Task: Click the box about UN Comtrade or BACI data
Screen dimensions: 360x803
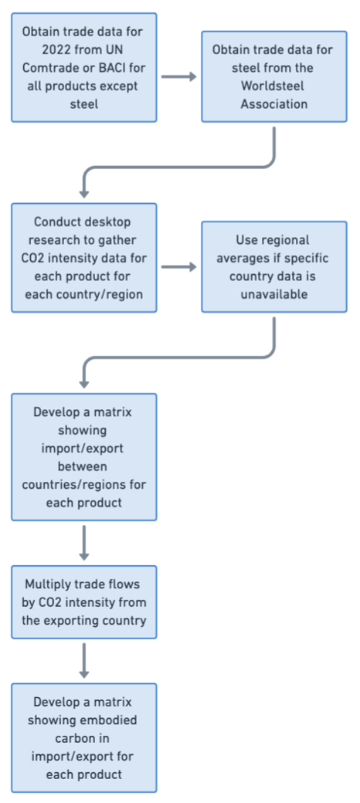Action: pyautogui.click(x=84, y=68)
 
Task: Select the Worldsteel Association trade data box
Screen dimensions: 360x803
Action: pyautogui.click(x=274, y=76)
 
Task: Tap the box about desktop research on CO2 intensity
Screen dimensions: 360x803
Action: pyautogui.click(x=84, y=258)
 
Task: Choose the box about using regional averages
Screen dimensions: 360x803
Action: pyautogui.click(x=274, y=267)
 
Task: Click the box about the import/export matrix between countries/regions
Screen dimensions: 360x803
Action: pyautogui.click(x=84, y=457)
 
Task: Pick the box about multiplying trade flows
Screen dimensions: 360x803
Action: pyautogui.click(x=84, y=602)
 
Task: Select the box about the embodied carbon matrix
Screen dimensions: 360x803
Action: pyautogui.click(x=84, y=738)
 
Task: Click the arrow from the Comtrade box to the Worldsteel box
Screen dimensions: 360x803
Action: pyautogui.click(x=179, y=76)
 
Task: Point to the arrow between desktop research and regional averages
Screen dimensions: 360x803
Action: pyautogui.click(x=179, y=267)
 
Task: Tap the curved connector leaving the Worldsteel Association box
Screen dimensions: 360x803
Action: pyautogui.click(x=179, y=167)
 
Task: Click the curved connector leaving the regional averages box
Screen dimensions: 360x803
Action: pyautogui.click(x=179, y=357)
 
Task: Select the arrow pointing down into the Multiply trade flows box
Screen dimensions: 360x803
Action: pyautogui.click(x=84, y=543)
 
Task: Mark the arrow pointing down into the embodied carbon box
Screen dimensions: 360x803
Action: pyautogui.click(x=84, y=661)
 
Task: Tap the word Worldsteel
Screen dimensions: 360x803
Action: pyautogui.click(x=274, y=86)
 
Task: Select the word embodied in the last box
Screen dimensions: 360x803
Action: pyautogui.click(x=107, y=720)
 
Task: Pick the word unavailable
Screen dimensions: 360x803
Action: pyautogui.click(x=274, y=295)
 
